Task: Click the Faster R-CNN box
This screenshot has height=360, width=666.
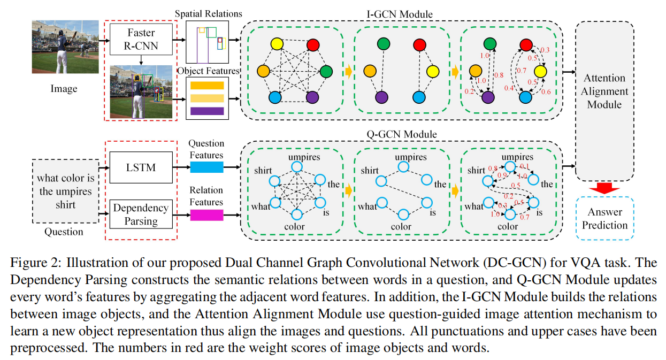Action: pyautogui.click(x=141, y=39)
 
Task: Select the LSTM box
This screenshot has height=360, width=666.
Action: pyautogui.click(x=141, y=167)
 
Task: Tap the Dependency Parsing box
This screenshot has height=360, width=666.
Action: pyautogui.click(x=141, y=214)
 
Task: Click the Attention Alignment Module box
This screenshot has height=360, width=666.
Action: pyautogui.click(x=604, y=91)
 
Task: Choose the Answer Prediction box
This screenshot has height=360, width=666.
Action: pyautogui.click(x=604, y=218)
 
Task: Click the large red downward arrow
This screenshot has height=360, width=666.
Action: pyautogui.click(x=604, y=187)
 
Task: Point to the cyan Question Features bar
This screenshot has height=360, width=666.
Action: pyautogui.click(x=206, y=167)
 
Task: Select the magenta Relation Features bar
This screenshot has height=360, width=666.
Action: pyautogui.click(x=206, y=215)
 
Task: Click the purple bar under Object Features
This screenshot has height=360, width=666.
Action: pyautogui.click(x=206, y=111)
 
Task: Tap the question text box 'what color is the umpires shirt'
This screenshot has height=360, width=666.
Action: pyautogui.click(x=65, y=192)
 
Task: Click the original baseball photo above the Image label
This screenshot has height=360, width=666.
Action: pyautogui.click(x=65, y=47)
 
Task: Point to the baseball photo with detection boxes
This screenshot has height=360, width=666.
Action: pyautogui.click(x=141, y=92)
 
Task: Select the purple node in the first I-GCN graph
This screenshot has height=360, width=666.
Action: pyautogui.click(x=312, y=98)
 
